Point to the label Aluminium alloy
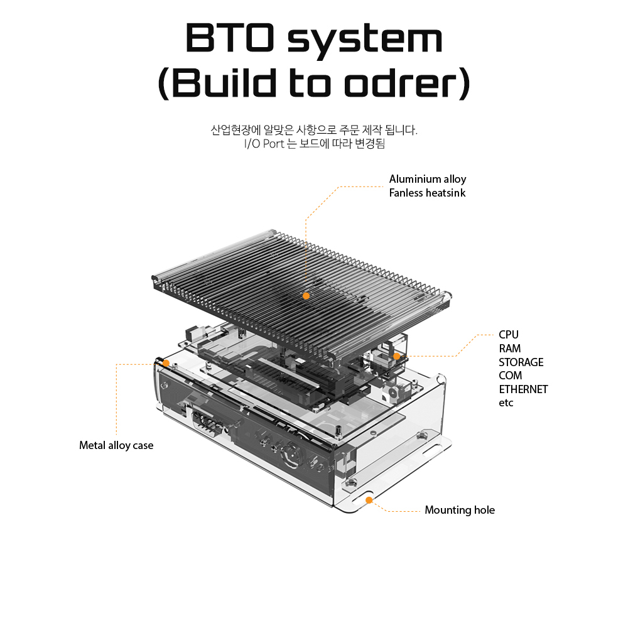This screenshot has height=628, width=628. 428,179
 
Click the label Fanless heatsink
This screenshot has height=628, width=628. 427,193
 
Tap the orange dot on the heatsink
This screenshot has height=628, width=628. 306,295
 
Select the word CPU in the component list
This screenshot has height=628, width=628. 509,335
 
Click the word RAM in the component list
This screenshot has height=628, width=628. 509,349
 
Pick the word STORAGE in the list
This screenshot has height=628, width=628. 521,362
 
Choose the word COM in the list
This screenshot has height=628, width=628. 510,376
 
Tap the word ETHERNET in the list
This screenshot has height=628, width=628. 523,389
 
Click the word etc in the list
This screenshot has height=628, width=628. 506,403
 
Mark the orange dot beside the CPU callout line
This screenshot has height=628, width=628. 397,356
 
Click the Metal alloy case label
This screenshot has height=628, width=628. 116,445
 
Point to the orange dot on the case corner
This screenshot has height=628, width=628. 166,363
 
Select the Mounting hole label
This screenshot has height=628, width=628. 460,510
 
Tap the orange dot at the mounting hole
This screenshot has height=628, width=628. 369,500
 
